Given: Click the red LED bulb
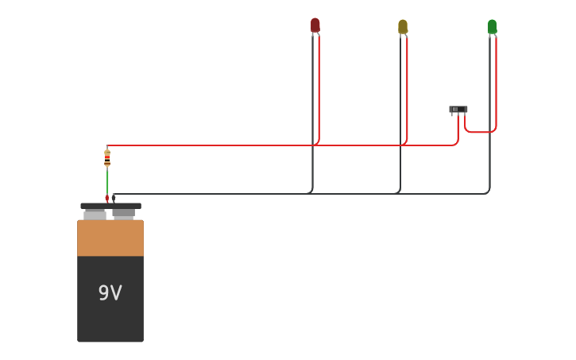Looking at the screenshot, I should [x=315, y=25].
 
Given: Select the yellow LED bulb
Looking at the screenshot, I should [x=403, y=27].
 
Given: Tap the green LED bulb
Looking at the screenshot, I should [x=493, y=27].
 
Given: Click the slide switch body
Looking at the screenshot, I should [x=458, y=110].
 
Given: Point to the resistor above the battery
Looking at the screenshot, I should [x=107, y=158].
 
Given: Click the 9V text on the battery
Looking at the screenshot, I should [x=110, y=293].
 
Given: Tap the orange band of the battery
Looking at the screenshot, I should [x=110, y=238].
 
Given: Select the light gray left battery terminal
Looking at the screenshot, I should [x=95, y=215].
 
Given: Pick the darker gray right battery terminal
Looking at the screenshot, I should [x=123, y=213].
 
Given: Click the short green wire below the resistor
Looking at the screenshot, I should [x=107, y=181].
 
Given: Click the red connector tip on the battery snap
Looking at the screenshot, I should [x=107, y=198].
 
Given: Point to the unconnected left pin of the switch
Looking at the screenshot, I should [x=451, y=115].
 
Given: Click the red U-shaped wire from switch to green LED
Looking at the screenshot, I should [x=480, y=132].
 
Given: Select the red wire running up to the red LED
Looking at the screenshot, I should [x=319, y=87].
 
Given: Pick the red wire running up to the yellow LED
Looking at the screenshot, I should [x=407, y=87].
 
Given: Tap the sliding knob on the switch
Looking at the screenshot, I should [x=455, y=109].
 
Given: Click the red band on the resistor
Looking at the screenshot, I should [x=107, y=161].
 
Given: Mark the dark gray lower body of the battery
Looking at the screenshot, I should [x=110, y=318].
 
